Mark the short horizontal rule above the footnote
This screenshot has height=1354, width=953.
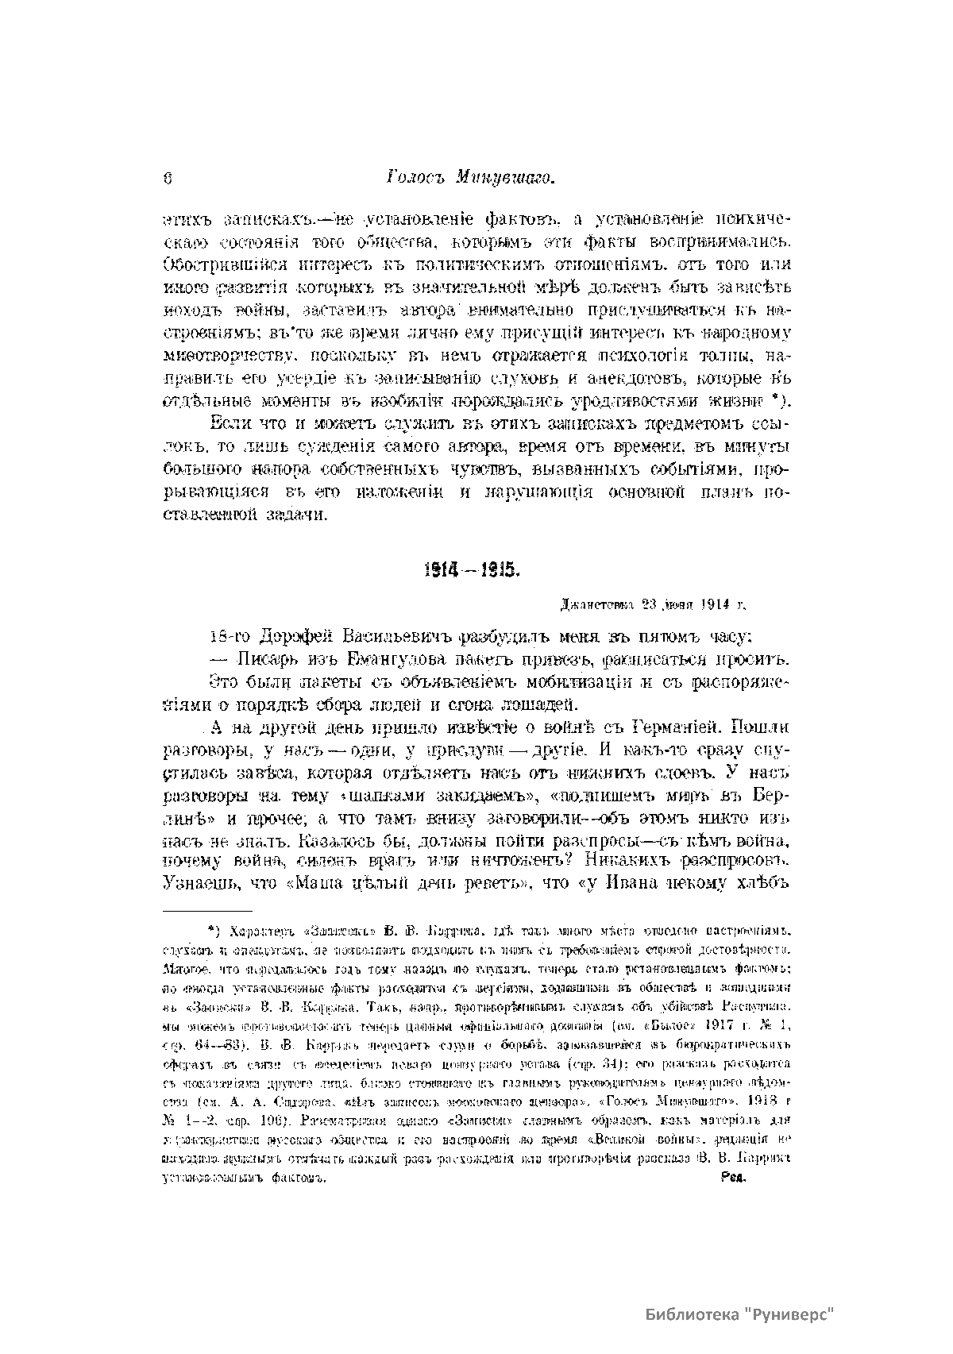click(x=206, y=910)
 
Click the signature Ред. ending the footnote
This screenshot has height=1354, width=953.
click(x=731, y=1179)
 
